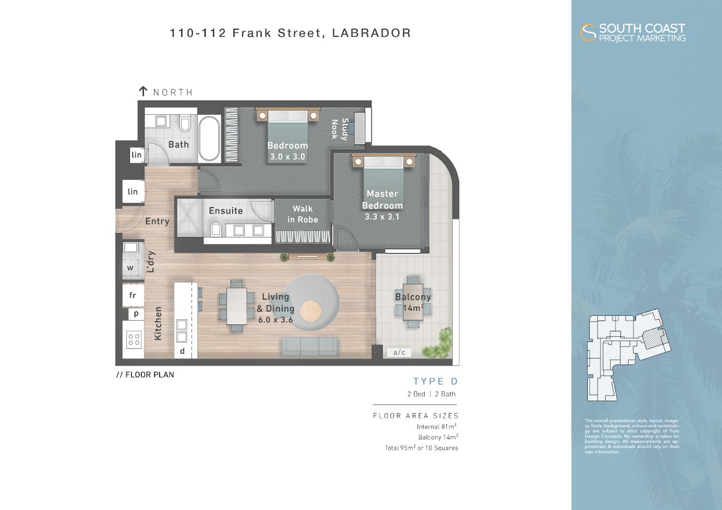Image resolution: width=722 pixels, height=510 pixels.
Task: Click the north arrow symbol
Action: coord(143,91)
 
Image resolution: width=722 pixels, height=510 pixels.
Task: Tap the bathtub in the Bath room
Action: coord(209,138)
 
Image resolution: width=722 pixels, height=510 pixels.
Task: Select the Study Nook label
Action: coord(340,129)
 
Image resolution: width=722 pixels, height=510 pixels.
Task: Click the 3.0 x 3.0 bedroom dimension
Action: coord(288,157)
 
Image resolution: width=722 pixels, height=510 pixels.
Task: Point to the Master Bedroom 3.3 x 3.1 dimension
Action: coord(382,217)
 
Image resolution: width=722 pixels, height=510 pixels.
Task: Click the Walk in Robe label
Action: coord(303,214)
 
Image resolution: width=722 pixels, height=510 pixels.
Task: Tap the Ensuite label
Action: coord(226,210)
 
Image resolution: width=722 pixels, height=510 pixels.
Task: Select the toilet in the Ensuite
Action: coord(215,230)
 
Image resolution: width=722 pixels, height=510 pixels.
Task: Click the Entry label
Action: coord(157,221)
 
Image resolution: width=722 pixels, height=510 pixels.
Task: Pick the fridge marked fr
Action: coord(133,295)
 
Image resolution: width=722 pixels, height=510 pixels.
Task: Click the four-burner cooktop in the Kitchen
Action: coord(134,339)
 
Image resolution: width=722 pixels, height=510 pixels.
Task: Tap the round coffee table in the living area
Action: coord(310,311)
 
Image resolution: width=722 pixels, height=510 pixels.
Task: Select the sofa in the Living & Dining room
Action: coord(309,346)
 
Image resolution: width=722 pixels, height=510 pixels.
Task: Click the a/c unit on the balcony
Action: coord(399,352)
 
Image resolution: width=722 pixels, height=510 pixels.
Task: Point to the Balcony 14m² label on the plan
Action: coord(413,303)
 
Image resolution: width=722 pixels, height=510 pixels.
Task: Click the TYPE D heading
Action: coord(436,381)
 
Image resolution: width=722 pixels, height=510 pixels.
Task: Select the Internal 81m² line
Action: coord(436,426)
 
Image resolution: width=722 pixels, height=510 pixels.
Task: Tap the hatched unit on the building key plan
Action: coord(651,339)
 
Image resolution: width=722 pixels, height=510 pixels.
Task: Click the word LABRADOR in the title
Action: coord(371,33)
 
